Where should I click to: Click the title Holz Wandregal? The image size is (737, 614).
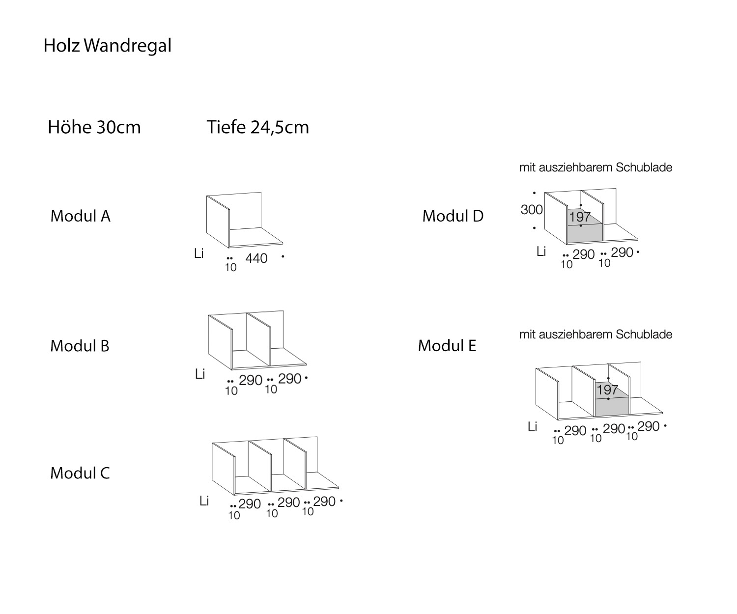click(x=107, y=46)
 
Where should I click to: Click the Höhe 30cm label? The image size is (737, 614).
click(x=94, y=127)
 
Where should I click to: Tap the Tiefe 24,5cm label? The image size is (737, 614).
click(x=257, y=127)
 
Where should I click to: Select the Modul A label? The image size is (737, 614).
click(x=80, y=216)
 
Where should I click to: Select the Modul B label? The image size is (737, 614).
click(x=80, y=346)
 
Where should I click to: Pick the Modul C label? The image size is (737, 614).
click(x=80, y=473)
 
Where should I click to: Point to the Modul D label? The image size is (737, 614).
click(x=453, y=216)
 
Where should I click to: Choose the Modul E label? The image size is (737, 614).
click(x=447, y=346)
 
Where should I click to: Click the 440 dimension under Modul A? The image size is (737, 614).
click(x=256, y=258)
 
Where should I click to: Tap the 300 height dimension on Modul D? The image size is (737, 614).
click(x=532, y=210)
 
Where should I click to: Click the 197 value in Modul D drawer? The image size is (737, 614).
click(x=580, y=217)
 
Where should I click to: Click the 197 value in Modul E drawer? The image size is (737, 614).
click(x=607, y=390)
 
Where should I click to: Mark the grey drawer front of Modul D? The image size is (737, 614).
click(x=585, y=233)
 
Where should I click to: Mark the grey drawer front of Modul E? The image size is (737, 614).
click(x=612, y=406)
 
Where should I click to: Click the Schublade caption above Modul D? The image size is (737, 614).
click(x=595, y=167)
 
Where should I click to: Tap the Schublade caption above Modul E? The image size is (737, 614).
click(x=595, y=335)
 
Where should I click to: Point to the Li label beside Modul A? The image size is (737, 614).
click(x=198, y=254)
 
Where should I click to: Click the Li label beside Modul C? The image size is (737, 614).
click(x=204, y=501)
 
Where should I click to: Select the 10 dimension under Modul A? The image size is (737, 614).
click(x=230, y=268)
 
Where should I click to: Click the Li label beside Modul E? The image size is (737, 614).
click(x=532, y=427)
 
